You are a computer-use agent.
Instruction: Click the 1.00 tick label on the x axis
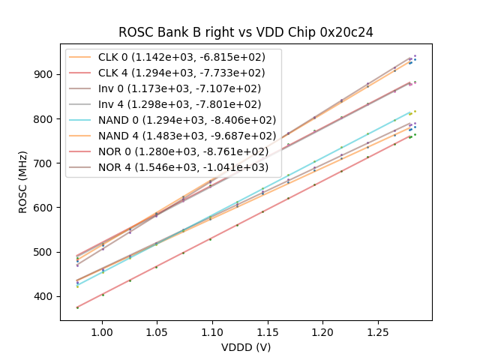tap(101, 332)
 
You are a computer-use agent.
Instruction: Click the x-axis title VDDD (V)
tap(246, 347)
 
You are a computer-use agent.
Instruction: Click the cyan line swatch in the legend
tap(81, 120)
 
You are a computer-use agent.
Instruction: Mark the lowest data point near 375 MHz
tap(77, 307)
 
